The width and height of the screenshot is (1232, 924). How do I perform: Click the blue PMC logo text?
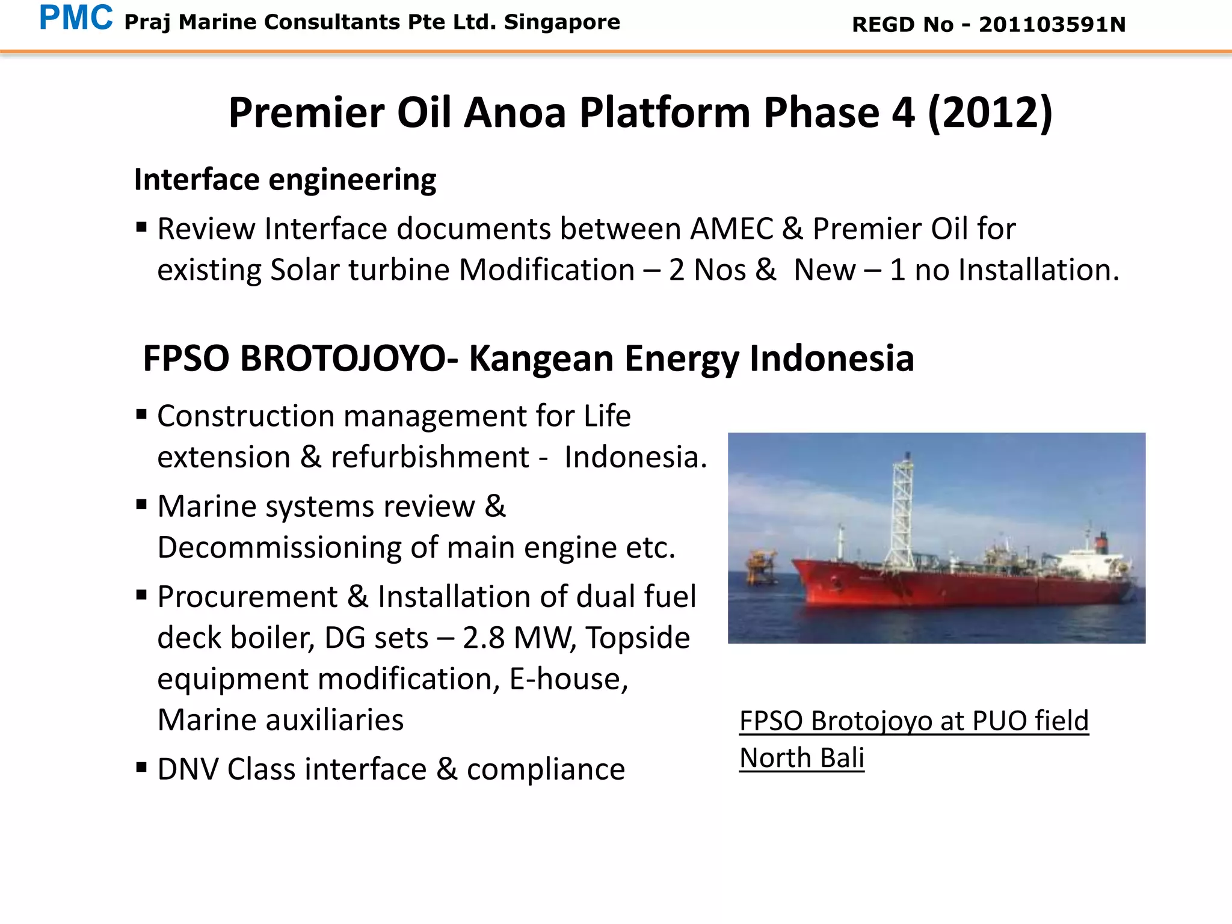click(x=76, y=18)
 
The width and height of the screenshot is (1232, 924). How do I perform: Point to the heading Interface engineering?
click(x=285, y=180)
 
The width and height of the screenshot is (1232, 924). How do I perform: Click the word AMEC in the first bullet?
click(x=731, y=229)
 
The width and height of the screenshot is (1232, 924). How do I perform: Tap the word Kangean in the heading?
click(x=543, y=359)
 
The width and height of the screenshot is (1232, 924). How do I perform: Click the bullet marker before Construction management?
click(x=141, y=414)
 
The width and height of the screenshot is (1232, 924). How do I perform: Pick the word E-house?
click(x=568, y=679)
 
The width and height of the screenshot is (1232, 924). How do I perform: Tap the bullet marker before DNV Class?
click(x=141, y=767)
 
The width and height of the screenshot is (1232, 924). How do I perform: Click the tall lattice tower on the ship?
click(x=902, y=505)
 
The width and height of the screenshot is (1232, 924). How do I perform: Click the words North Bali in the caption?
click(x=801, y=758)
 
